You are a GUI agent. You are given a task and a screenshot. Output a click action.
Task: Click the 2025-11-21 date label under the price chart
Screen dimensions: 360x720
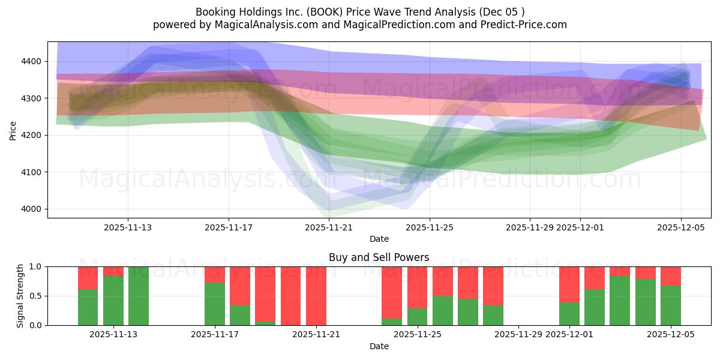329,227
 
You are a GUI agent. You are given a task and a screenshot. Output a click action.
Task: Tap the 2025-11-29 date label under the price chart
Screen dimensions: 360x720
530,227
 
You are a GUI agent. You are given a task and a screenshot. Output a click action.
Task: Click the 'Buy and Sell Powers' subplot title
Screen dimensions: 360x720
379,257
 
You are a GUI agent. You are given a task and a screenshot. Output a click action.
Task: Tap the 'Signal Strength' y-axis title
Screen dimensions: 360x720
20,295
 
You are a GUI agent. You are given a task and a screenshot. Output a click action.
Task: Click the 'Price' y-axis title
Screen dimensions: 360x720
13,130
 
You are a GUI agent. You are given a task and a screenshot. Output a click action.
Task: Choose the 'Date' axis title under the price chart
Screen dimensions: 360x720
379,239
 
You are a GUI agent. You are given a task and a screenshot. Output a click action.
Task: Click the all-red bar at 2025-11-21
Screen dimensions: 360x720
316,295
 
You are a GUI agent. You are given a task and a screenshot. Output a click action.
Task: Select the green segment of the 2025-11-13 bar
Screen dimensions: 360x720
113,300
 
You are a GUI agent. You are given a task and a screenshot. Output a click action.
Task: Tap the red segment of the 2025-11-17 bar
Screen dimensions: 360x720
215,274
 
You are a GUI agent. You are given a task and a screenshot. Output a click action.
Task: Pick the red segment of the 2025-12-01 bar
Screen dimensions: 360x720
569,284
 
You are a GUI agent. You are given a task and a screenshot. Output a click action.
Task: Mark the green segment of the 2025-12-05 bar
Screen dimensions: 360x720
671,305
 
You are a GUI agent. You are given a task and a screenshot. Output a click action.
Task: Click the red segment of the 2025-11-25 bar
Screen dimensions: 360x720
418,287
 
